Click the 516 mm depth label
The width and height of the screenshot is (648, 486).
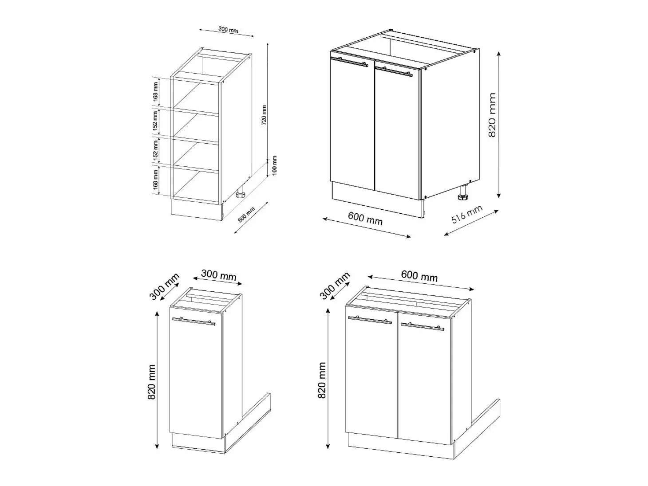click(x=467, y=214)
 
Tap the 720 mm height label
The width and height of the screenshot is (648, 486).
click(x=264, y=115)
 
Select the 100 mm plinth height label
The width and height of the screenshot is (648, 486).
click(x=275, y=165)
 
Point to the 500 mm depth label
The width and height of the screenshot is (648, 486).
click(x=246, y=215)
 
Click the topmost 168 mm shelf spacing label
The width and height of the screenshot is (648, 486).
click(x=156, y=91)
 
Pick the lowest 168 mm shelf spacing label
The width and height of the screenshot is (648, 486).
click(x=155, y=180)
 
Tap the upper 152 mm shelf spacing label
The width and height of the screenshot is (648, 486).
click(x=155, y=121)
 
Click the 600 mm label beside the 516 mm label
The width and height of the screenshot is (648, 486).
click(x=365, y=219)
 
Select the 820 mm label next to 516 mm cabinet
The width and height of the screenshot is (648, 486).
click(x=492, y=115)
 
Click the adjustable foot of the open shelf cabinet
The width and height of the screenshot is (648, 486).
click(x=241, y=193)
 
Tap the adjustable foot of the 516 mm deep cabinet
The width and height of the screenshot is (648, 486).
click(x=462, y=193)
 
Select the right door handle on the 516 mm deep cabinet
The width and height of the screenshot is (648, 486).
click(x=394, y=72)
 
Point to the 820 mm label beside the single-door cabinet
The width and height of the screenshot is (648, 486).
click(x=151, y=382)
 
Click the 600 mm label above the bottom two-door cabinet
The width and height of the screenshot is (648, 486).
click(x=419, y=276)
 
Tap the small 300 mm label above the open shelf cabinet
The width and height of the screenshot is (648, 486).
click(x=228, y=30)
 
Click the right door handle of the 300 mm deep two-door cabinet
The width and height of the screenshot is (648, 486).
click(x=422, y=326)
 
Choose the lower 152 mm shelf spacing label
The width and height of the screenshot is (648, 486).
click(x=155, y=150)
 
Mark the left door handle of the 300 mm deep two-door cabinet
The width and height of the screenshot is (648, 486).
click(x=370, y=320)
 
